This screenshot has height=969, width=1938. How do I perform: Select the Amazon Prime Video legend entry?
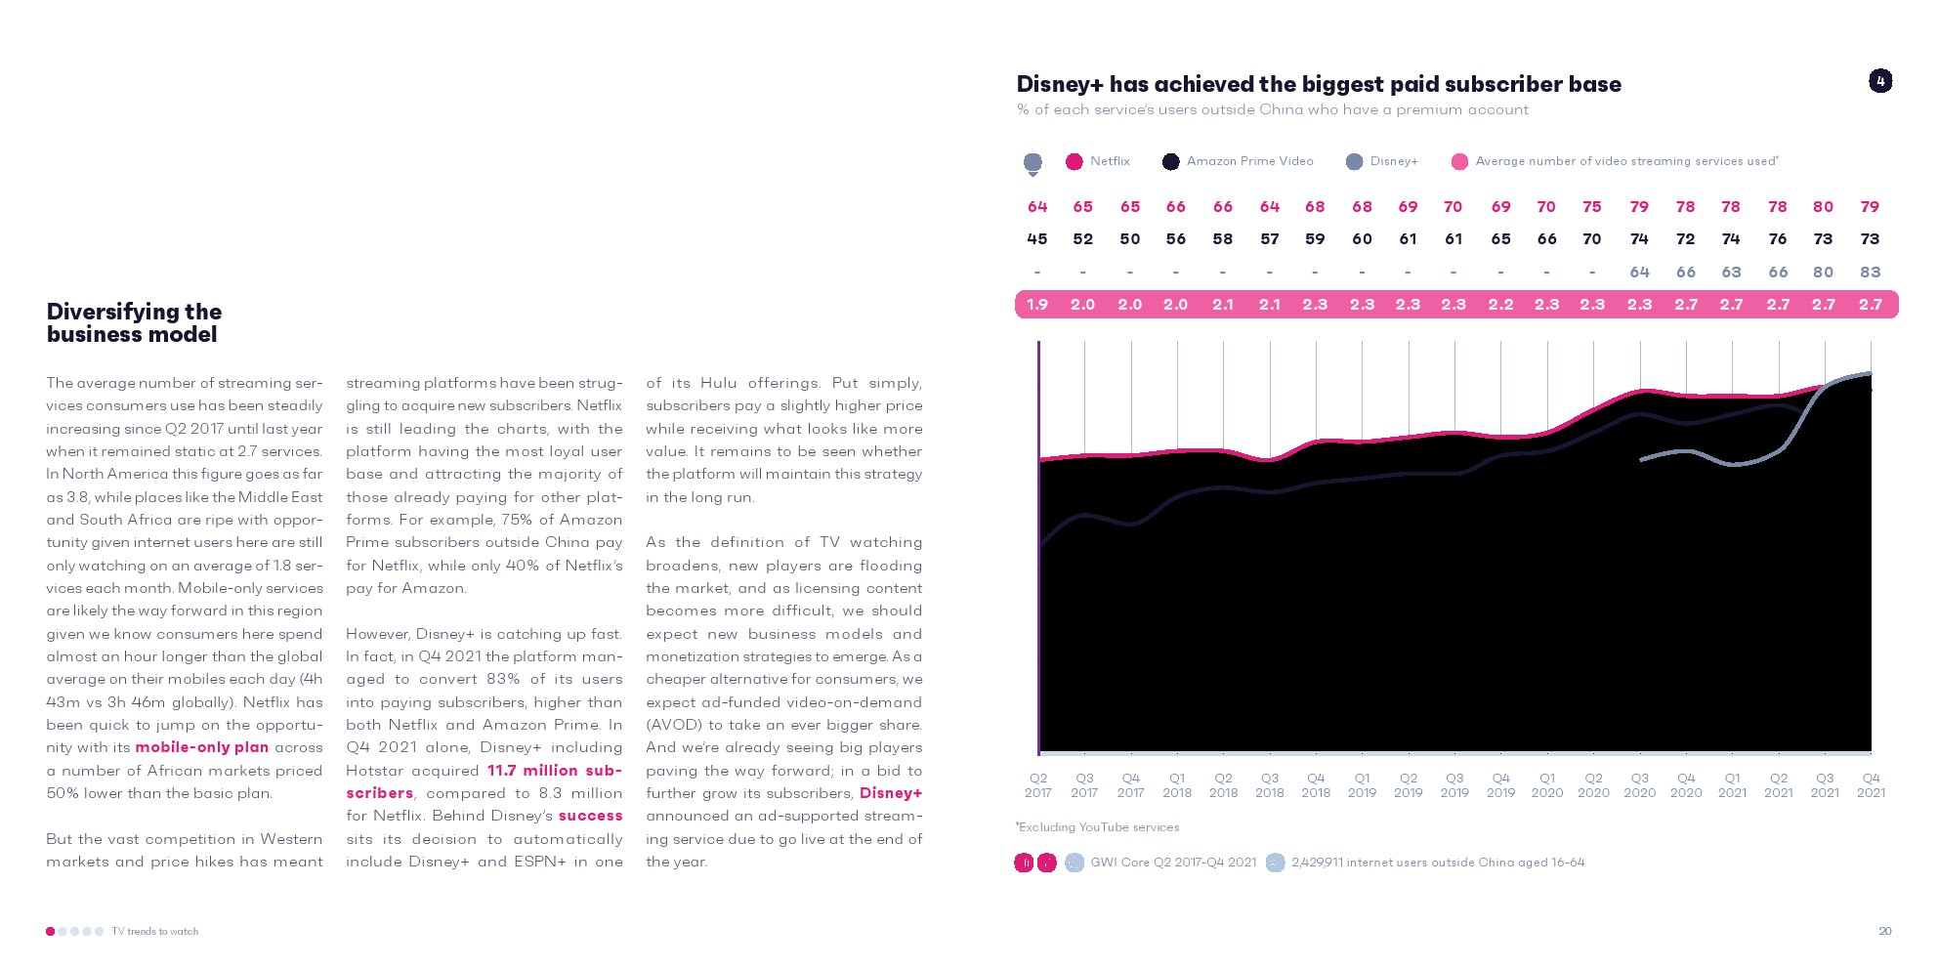[x=1238, y=161]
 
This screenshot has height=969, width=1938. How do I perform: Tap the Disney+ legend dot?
[x=1354, y=162]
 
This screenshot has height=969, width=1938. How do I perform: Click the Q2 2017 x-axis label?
[x=1038, y=785]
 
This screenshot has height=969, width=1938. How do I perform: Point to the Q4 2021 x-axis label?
[x=1871, y=785]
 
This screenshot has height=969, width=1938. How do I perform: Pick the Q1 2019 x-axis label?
[x=1362, y=785]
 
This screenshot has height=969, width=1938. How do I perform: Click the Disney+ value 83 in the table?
[x=1870, y=273]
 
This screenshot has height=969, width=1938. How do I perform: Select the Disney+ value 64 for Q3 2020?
[x=1639, y=273]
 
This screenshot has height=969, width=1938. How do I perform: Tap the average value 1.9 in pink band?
[x=1037, y=305]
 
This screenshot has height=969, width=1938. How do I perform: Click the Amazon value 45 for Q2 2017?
[x=1037, y=239]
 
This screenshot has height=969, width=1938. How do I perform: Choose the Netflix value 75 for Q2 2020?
[x=1592, y=207]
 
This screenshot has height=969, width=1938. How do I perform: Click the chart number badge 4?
[x=1880, y=81]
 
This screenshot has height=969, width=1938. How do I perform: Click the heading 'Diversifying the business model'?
[x=134, y=322]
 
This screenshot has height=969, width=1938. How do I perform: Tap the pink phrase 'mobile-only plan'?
[x=201, y=747]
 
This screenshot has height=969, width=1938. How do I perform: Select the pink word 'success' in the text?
[x=590, y=816]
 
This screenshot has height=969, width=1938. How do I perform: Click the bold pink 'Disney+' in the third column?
[x=891, y=793]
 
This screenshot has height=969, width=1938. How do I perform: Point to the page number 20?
[x=1885, y=931]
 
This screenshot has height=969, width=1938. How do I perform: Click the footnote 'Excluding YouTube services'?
[x=1098, y=827]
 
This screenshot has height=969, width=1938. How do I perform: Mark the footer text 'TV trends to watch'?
[x=154, y=932]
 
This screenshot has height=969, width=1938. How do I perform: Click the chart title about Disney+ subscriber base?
[x=1319, y=84]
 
